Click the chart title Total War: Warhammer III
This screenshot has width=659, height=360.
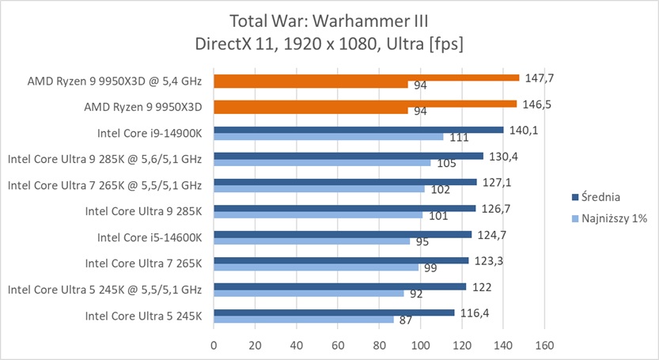point(329,20)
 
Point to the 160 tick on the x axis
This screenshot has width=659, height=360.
point(543,345)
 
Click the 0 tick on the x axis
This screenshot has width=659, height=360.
point(214,345)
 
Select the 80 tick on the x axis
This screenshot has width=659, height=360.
point(379,345)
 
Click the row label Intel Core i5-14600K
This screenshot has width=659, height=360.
point(150,237)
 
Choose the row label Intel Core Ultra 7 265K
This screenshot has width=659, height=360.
point(143,263)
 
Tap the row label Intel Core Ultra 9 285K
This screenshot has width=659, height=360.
point(143,211)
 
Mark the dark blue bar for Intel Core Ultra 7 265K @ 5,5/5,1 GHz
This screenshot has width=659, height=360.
point(344,182)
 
